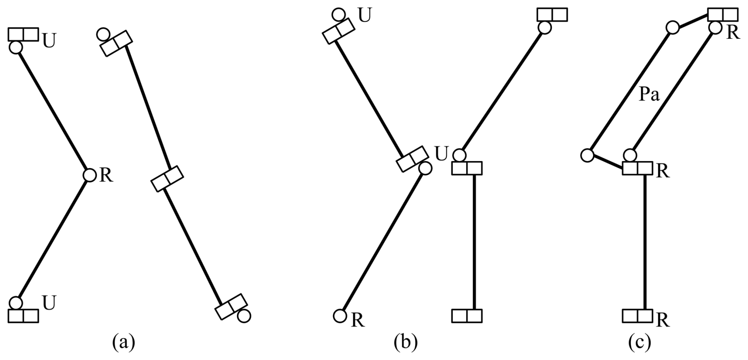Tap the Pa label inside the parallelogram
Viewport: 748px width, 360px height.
pos(650,95)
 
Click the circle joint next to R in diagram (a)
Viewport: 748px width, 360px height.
pos(90,174)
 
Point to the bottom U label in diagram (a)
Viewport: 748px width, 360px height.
pos(49,303)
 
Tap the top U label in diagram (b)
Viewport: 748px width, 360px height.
pos(365,16)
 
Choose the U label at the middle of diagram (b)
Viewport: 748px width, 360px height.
pos(441,154)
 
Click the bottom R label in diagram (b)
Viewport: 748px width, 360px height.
pos(357,320)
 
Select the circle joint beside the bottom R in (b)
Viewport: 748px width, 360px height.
pos(340,315)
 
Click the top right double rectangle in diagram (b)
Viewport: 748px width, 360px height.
pos(552,15)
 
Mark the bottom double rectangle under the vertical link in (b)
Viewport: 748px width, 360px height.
pos(467,316)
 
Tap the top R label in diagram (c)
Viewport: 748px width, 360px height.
pos(733,33)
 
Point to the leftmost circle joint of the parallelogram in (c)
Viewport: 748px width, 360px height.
pos(587,155)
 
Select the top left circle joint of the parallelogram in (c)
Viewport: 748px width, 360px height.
pos(672,28)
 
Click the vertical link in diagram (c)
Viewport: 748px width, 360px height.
pos(645,241)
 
